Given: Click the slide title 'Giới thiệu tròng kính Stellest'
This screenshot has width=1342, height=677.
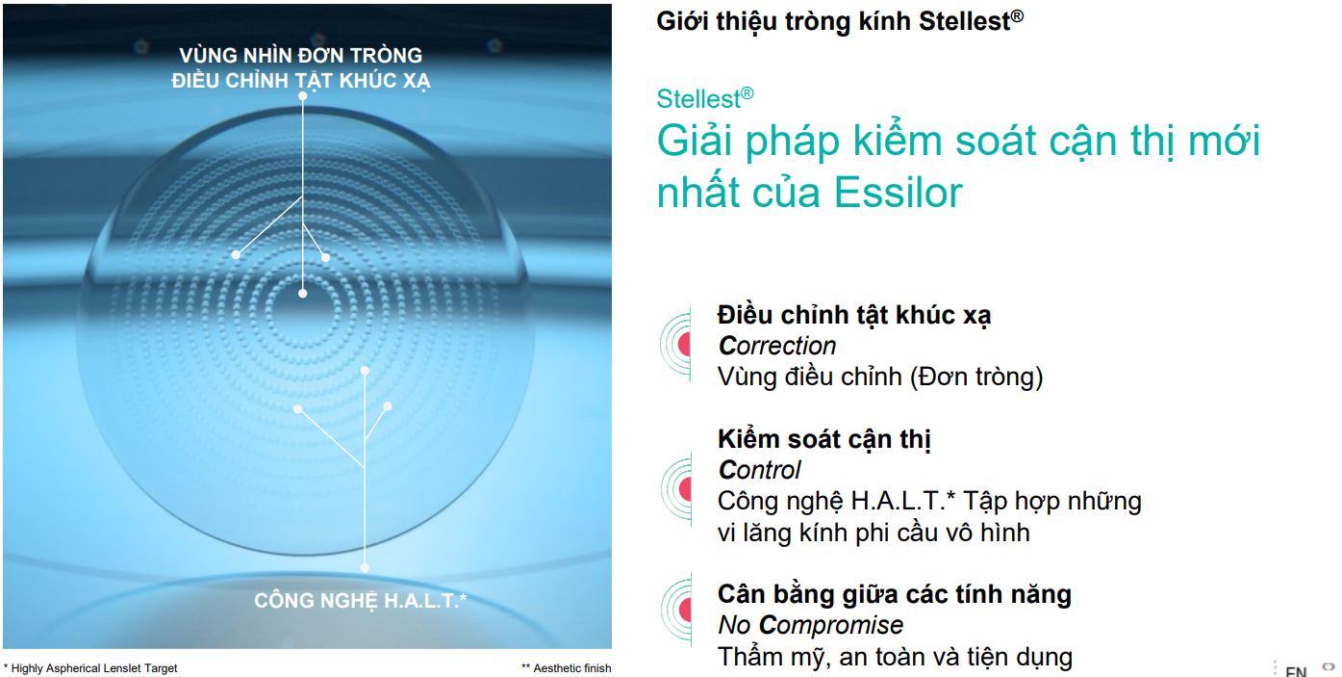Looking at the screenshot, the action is tap(839, 21).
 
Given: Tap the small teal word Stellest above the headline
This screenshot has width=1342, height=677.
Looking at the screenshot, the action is tap(704, 99).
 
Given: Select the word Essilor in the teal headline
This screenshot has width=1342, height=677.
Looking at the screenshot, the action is tap(899, 193).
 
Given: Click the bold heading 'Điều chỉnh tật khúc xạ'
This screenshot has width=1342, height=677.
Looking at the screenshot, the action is tap(854, 315).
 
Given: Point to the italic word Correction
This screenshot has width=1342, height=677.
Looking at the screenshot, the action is tap(777, 346).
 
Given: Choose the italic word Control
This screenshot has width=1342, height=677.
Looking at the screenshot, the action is tap(759, 470).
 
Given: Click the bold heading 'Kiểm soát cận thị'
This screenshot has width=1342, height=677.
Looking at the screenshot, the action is tap(824, 439).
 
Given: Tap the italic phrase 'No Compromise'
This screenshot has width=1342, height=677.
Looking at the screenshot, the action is tap(811, 625).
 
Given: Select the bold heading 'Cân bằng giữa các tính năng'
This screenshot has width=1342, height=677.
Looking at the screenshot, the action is tap(895, 594).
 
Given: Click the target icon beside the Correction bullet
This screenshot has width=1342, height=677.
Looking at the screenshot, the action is tap(676, 345).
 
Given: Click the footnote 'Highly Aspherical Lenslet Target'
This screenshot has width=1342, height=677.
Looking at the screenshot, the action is tap(94, 668).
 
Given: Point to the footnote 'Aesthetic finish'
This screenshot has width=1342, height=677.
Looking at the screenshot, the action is tap(572, 668).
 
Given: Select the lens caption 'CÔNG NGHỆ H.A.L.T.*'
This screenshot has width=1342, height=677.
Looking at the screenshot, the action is tap(360, 600).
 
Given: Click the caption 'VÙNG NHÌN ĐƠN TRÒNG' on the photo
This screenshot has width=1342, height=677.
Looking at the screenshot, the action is tap(301, 56).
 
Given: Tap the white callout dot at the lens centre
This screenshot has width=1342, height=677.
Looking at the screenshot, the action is tap(302, 293).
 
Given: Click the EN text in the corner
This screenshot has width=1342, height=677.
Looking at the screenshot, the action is tap(1296, 671).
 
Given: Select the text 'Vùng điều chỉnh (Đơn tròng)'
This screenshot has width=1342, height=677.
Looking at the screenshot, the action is tap(880, 378).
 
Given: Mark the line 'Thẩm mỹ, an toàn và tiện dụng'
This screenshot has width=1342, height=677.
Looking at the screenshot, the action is tap(895, 657).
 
